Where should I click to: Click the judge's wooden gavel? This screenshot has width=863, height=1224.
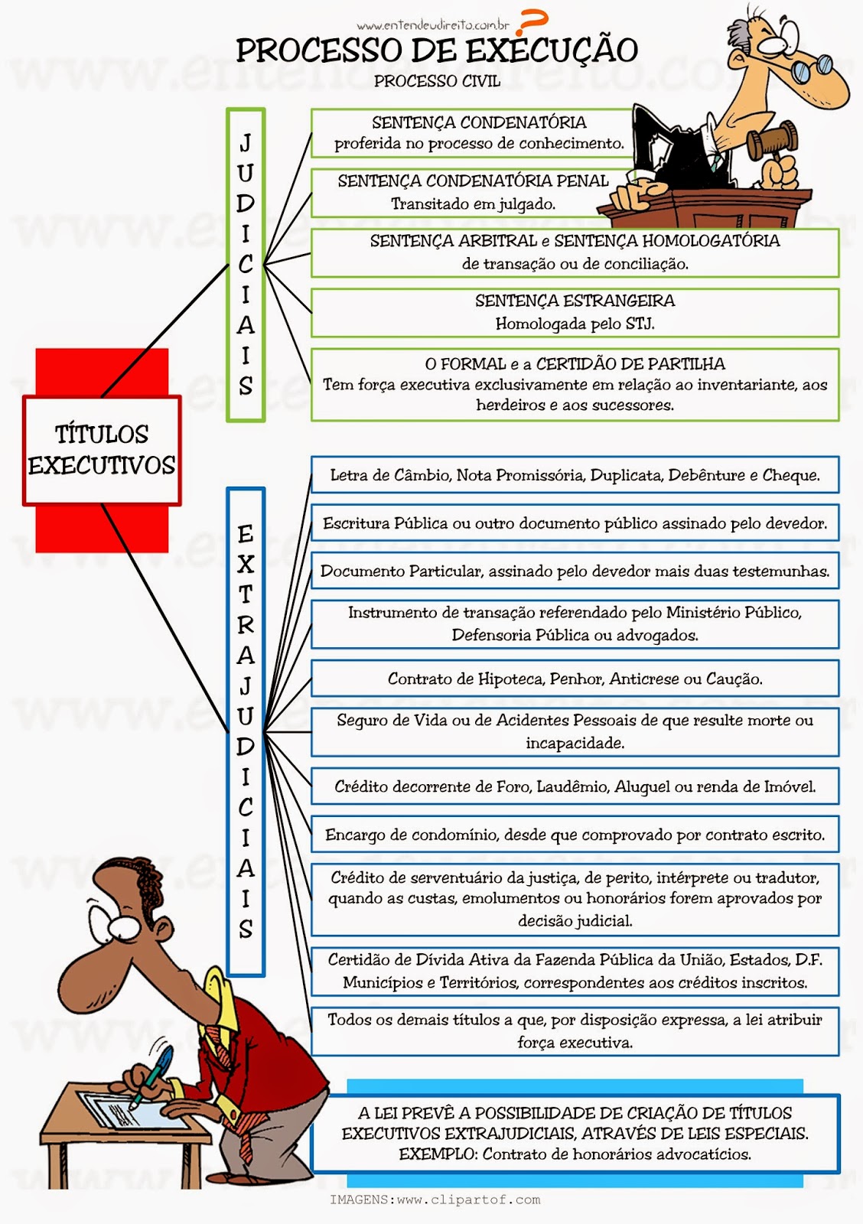click(x=772, y=141)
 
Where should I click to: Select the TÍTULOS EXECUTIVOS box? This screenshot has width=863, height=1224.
click(x=102, y=451)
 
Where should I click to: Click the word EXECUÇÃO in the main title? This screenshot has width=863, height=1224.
click(x=552, y=50)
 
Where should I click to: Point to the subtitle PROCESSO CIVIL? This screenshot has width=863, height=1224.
click(x=438, y=81)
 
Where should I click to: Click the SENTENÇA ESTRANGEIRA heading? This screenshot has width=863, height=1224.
click(x=575, y=301)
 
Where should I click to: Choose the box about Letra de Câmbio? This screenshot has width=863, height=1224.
click(x=575, y=475)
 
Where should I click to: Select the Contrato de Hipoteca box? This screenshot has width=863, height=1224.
click(x=575, y=678)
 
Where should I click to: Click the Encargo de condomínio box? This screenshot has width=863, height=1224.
click(x=575, y=835)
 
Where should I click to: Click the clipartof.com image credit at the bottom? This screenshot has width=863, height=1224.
click(x=435, y=1200)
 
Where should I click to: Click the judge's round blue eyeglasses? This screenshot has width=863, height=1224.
click(x=812, y=68)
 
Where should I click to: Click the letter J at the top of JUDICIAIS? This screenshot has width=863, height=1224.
click(x=246, y=142)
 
